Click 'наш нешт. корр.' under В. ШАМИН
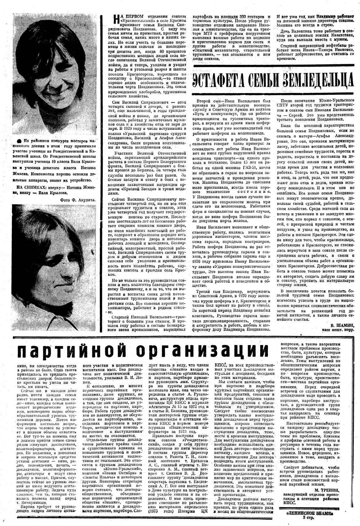point(338,330)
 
